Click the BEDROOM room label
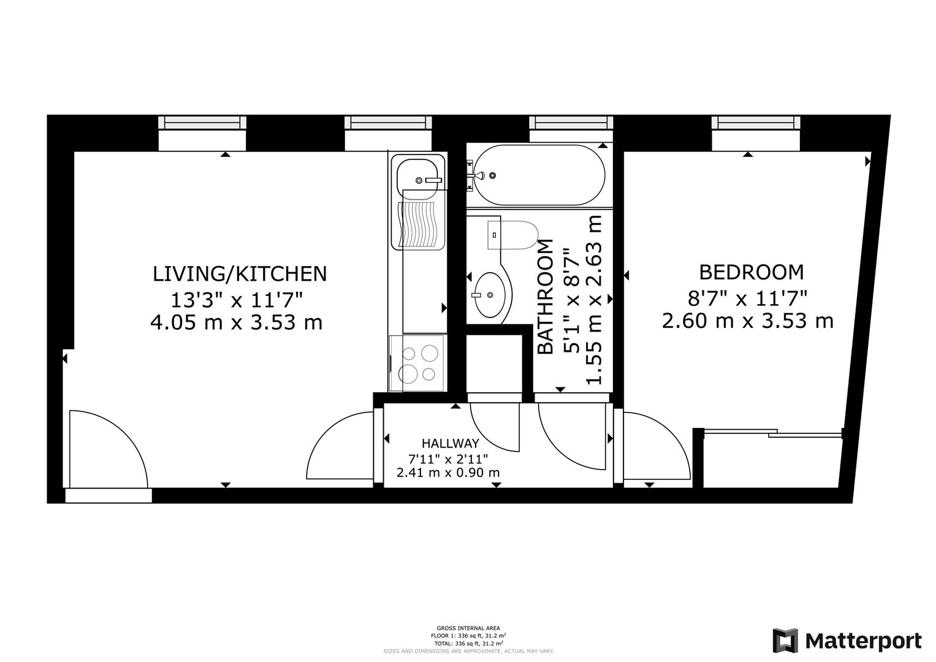[751, 272]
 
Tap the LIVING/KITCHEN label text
[240, 273]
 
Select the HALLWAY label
[450, 443]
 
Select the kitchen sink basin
[420, 175]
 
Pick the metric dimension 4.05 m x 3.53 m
[236, 322]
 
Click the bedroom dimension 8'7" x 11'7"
[747, 299]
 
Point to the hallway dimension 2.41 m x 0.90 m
[448, 473]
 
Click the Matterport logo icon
[785, 641]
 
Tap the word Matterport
[863, 641]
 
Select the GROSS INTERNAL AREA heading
[468, 628]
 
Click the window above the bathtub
[571, 123]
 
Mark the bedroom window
[756, 123]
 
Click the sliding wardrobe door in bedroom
[772, 433]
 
